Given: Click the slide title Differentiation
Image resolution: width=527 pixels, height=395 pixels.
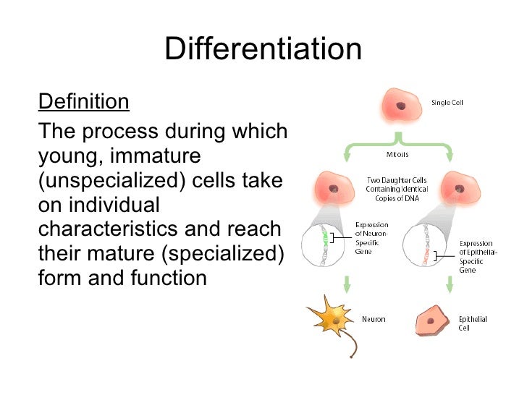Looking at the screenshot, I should [x=263, y=49].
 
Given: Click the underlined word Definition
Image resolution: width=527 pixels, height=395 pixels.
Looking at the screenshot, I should [x=83, y=101].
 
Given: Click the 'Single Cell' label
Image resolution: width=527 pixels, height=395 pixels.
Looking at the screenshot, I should [x=447, y=102].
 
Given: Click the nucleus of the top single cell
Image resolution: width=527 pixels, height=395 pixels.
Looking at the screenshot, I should [x=400, y=106].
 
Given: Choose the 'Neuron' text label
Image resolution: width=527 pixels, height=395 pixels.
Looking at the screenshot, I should [x=374, y=319].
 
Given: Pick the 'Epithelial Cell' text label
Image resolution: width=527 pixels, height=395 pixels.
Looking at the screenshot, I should [x=473, y=323].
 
